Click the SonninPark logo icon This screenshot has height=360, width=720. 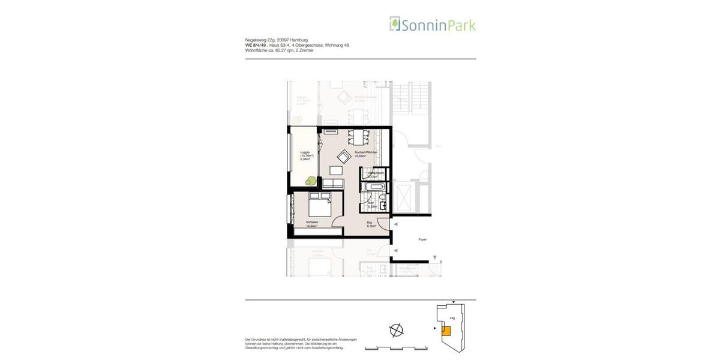[x=394, y=23]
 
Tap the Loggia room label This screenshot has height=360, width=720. [x=305, y=152]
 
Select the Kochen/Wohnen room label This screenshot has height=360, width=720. [x=366, y=153]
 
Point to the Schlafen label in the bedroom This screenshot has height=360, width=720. [x=311, y=223]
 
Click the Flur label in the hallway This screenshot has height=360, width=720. [x=370, y=223]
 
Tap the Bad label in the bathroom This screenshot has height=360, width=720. [x=371, y=203]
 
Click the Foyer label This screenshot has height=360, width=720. [x=422, y=239]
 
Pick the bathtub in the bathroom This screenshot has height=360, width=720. [x=374, y=187]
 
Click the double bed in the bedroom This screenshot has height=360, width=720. [x=319, y=207]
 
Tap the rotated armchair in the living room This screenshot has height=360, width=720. [x=343, y=157]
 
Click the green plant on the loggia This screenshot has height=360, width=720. [x=311, y=179]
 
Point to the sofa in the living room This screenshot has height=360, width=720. [x=333, y=182]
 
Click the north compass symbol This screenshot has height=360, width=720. [x=396, y=329]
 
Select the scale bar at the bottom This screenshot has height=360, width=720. [x=396, y=347]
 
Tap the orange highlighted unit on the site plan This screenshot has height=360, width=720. [x=446, y=329]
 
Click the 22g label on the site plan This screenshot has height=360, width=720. [x=452, y=317]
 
